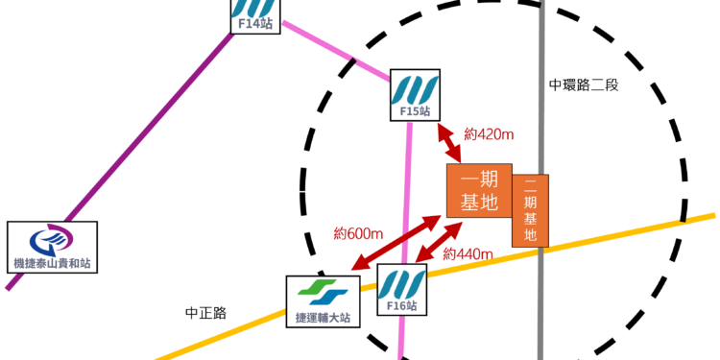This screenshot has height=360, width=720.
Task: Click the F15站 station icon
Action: tap(415, 94)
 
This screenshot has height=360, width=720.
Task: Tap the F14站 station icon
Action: tap(255, 14)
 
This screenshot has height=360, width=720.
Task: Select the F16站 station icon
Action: tap(401, 290)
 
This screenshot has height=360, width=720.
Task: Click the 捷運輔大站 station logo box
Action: tap(324, 300)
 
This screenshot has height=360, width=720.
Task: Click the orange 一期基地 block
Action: tap(478, 190)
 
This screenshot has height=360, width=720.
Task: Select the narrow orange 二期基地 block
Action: tap(530, 210)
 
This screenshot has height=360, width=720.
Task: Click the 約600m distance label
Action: tap(359, 233)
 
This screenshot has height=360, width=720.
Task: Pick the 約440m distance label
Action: tap(468, 254)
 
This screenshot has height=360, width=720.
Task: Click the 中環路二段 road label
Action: tap(584, 84)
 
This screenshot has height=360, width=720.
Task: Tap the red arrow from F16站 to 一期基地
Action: tap(440, 241)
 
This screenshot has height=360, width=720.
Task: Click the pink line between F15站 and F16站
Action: tap(411, 192)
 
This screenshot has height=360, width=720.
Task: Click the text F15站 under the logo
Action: tap(415, 111)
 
